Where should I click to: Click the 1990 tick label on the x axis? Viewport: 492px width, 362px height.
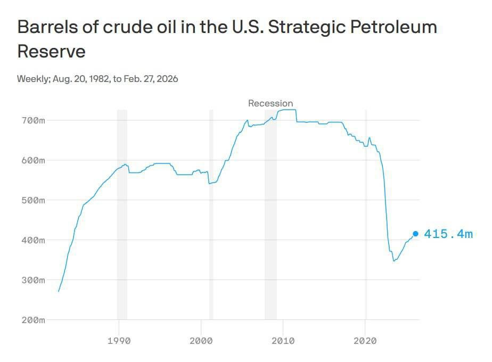(119, 341)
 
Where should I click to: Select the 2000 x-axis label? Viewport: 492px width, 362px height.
(201, 341)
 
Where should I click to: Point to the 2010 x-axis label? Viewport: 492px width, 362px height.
(283, 341)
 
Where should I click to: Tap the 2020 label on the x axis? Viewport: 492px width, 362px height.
(365, 341)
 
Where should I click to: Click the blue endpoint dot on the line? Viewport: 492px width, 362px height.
(415, 234)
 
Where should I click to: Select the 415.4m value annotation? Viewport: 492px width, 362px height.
(448, 234)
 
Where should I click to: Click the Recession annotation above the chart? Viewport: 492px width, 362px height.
(270, 103)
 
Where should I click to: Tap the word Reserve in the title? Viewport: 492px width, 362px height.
(51, 52)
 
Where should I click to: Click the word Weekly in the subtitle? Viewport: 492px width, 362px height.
(33, 79)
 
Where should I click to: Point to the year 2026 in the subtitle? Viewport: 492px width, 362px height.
(167, 79)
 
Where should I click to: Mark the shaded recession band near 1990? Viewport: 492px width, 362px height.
(122, 213)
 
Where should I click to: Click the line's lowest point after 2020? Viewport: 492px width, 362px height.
(393, 261)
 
